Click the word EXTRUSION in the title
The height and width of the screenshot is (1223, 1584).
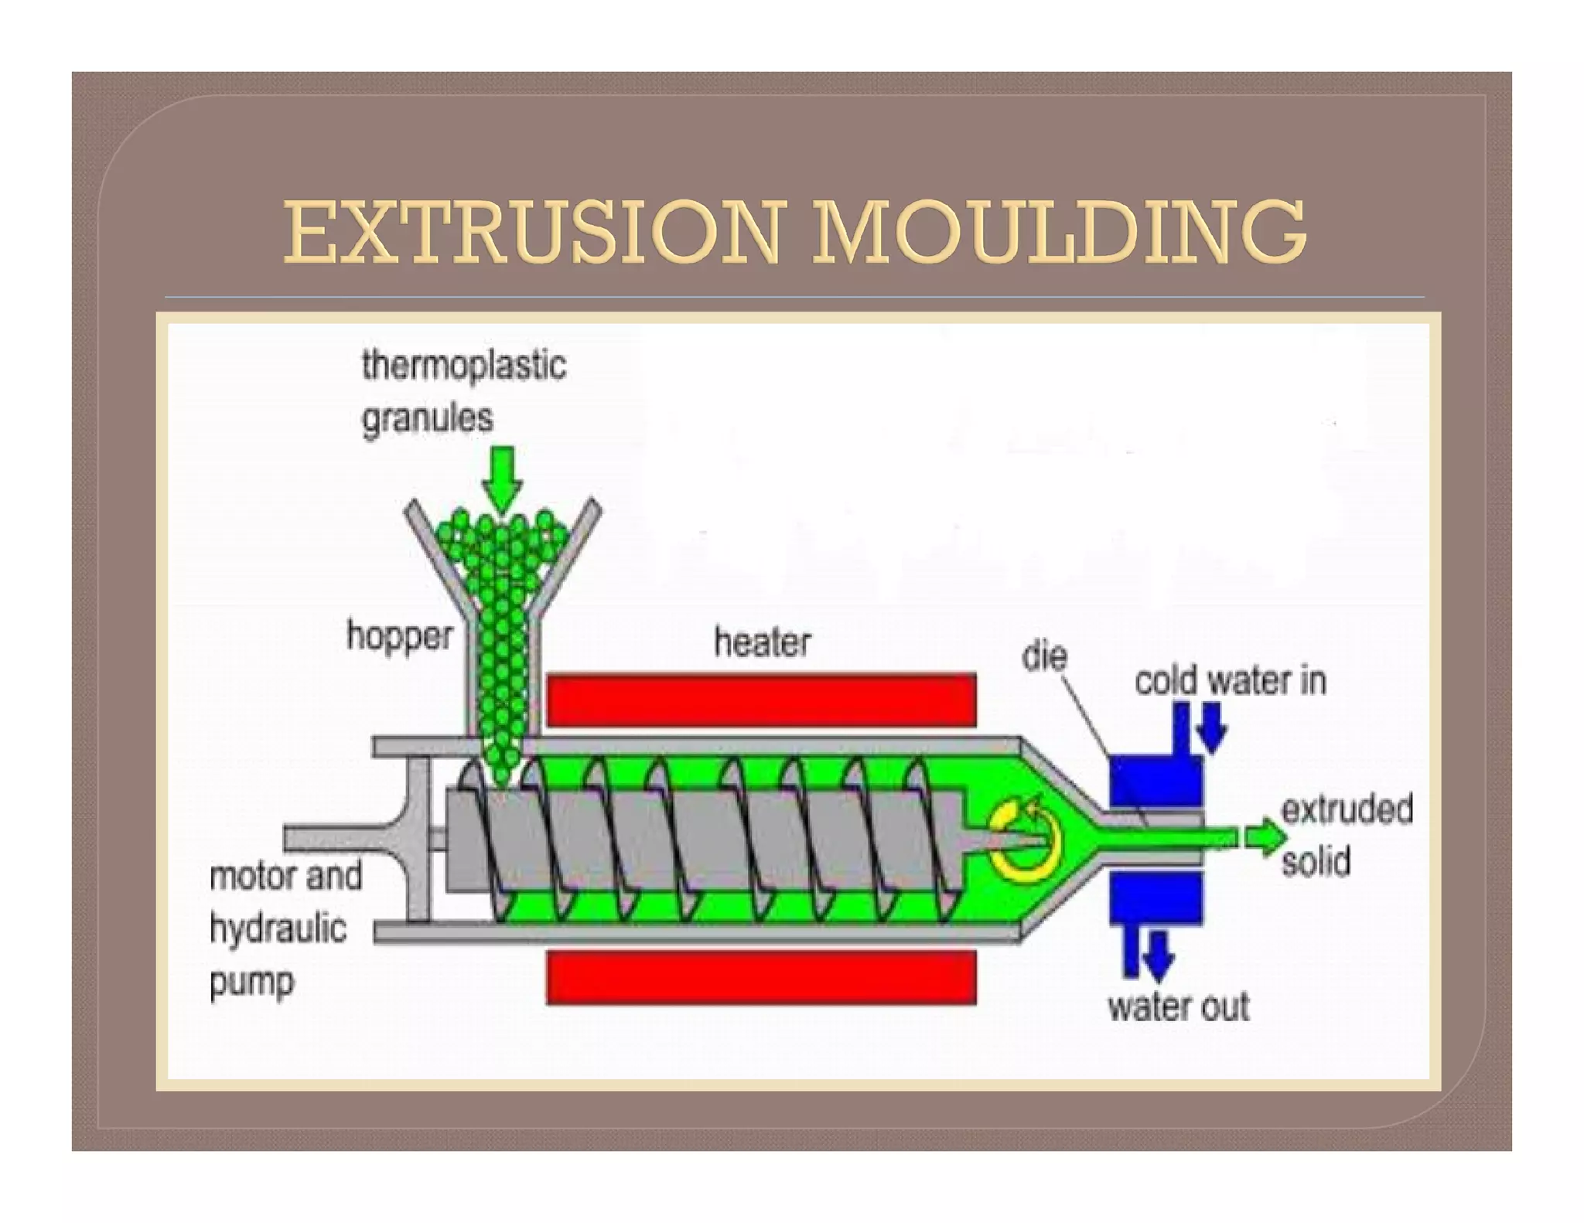(x=534, y=232)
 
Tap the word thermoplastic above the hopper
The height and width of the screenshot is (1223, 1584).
(x=464, y=366)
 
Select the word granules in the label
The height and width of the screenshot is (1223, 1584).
(x=428, y=420)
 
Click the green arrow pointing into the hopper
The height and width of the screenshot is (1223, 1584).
(x=502, y=479)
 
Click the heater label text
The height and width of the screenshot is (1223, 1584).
(x=763, y=643)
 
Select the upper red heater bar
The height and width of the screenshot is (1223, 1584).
(x=761, y=700)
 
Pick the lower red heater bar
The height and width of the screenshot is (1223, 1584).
(x=761, y=977)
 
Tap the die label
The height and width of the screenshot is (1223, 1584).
(x=1044, y=657)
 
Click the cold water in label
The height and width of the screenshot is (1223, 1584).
(x=1231, y=682)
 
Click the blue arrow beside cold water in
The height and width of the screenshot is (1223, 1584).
(x=1212, y=727)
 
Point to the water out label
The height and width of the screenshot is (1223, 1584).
(x=1179, y=1007)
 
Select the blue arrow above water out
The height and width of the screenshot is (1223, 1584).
(x=1158, y=956)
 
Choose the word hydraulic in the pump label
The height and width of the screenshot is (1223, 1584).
(x=278, y=928)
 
